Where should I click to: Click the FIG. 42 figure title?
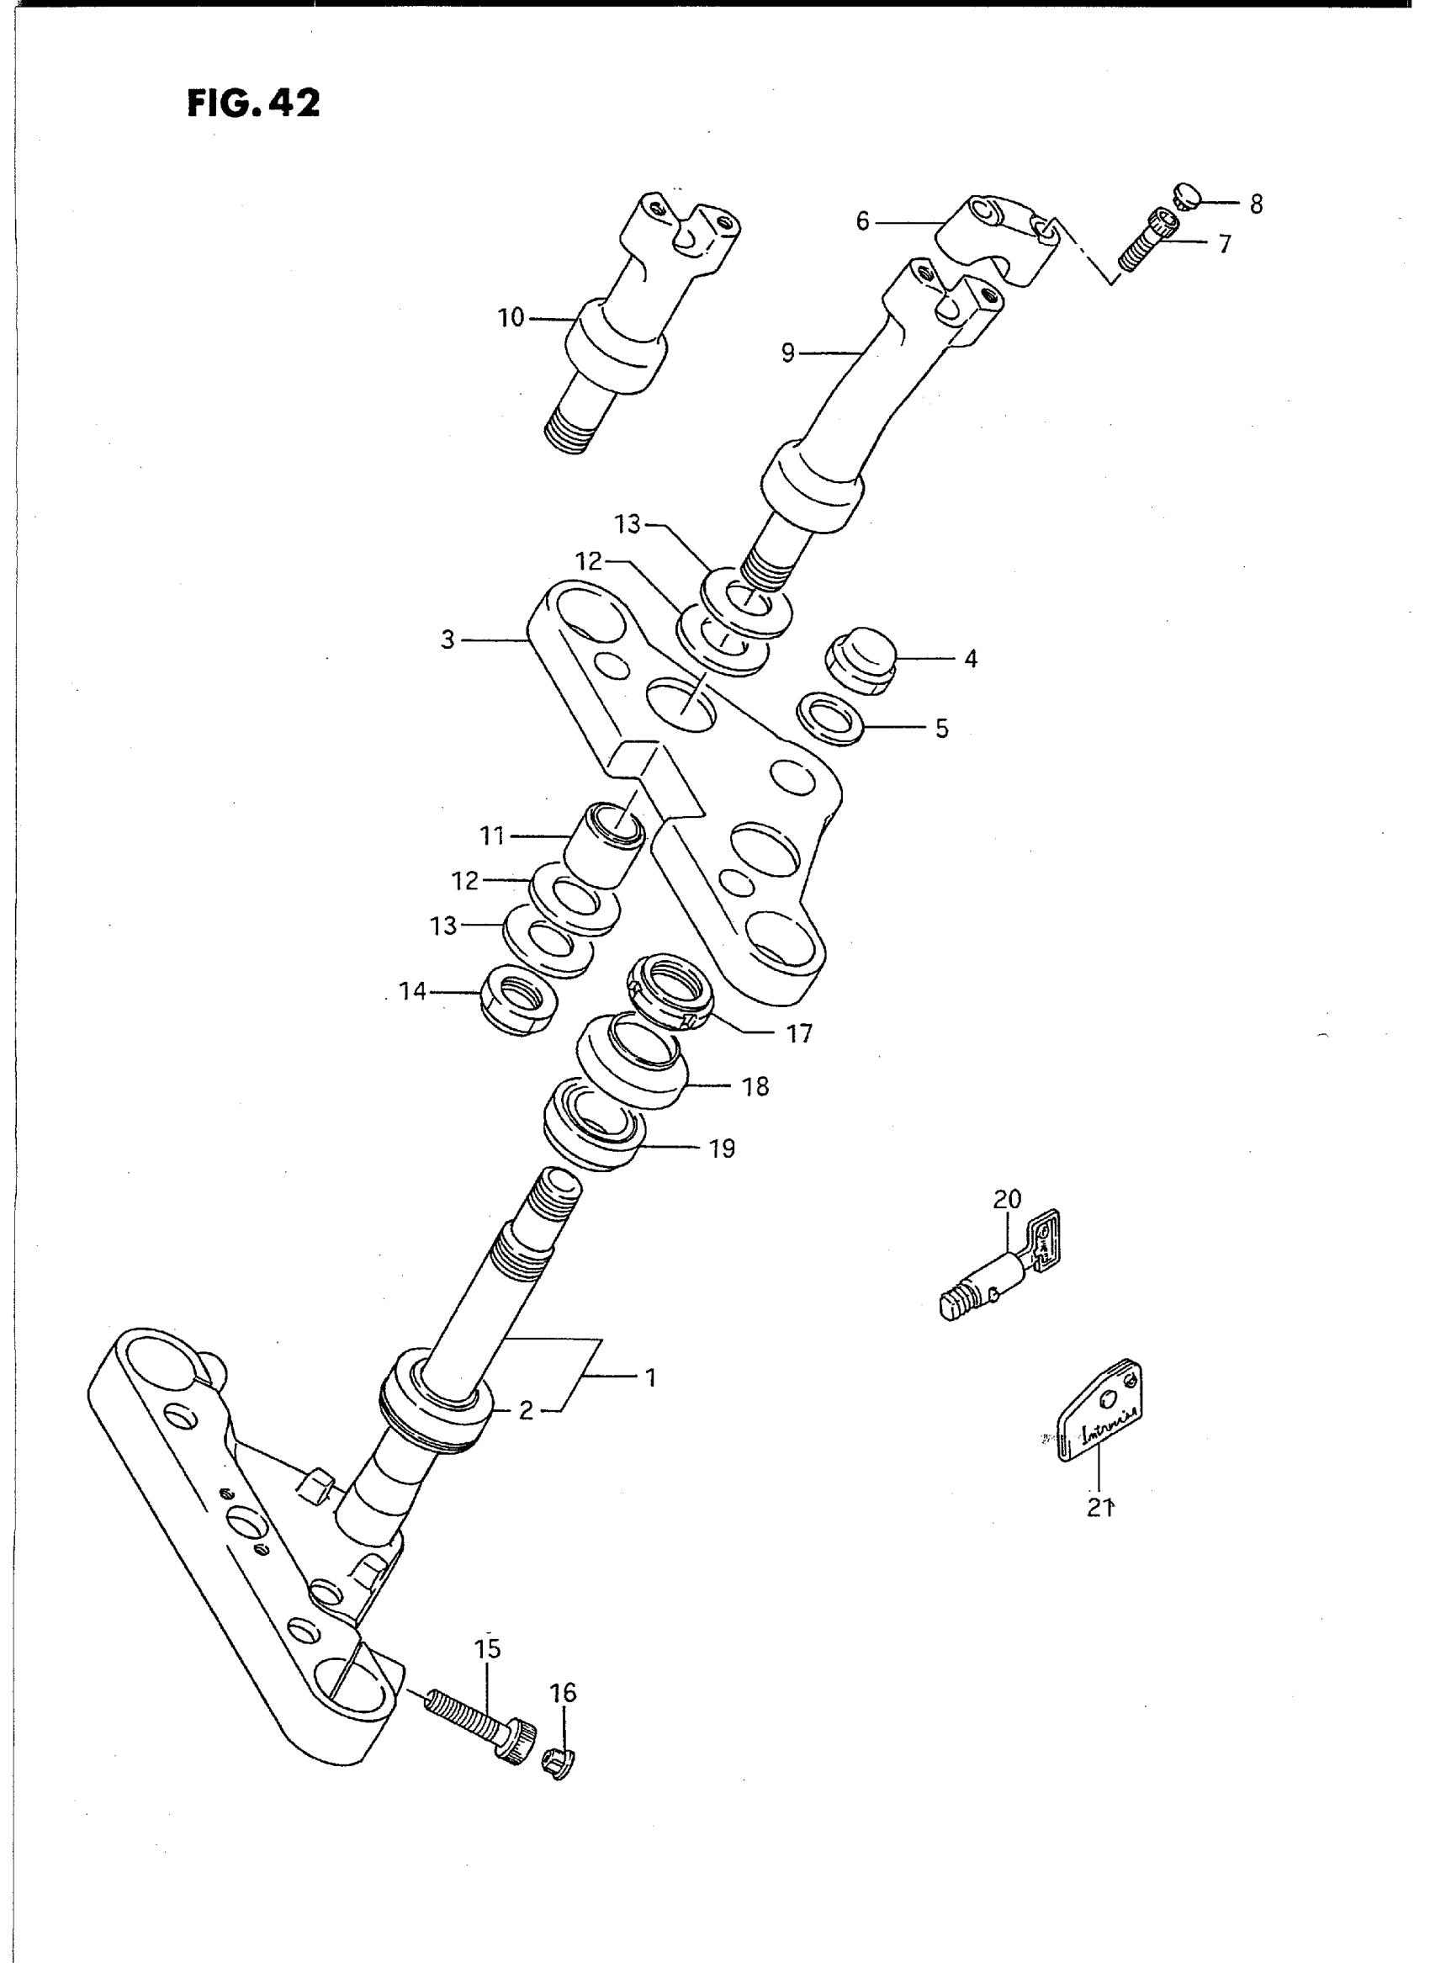(x=252, y=103)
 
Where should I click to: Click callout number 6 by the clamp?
(x=862, y=221)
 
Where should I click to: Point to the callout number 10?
(x=511, y=319)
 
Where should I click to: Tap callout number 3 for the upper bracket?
(x=448, y=641)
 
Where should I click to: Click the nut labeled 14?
(x=517, y=1000)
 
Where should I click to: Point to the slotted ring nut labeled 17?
(x=668, y=989)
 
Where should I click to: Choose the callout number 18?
(x=755, y=1086)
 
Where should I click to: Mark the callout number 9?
(x=787, y=353)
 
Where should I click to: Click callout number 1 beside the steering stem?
(x=651, y=1376)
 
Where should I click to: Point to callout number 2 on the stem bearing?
(x=526, y=1410)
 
